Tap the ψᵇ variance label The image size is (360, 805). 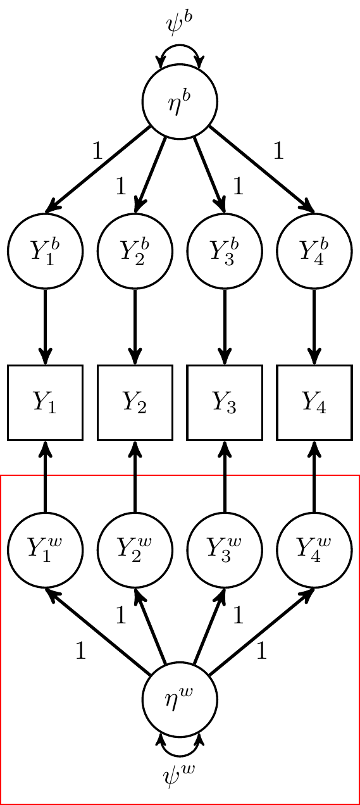[x=180, y=25]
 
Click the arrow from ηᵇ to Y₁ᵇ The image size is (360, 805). [x=97, y=169]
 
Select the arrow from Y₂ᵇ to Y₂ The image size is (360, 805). [x=135, y=327]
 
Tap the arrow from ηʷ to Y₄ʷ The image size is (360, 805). [x=261, y=632]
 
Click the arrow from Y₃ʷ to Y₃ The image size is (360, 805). [x=225, y=477]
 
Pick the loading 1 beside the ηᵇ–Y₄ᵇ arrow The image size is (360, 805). [x=279, y=151]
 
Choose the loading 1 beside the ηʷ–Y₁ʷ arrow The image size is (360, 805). [x=81, y=651]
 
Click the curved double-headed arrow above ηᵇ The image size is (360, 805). [x=180, y=46]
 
